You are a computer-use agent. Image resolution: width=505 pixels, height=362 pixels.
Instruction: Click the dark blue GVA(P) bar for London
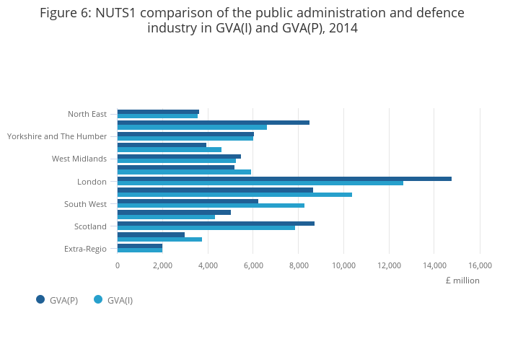tap(284, 179)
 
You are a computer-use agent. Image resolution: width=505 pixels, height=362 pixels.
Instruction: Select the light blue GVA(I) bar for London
tap(260, 183)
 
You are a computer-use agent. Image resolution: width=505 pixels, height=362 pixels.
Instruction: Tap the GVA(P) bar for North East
tap(158, 112)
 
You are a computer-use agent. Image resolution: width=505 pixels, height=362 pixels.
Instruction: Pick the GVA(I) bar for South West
tap(211, 206)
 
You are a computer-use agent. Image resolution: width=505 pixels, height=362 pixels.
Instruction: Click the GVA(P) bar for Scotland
tap(216, 224)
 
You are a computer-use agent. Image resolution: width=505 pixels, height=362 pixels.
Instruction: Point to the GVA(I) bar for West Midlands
tap(176, 161)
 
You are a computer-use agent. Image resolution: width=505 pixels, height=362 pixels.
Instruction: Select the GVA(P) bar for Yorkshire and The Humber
tap(185, 134)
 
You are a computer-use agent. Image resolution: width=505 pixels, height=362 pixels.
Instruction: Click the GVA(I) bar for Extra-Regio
tap(140, 250)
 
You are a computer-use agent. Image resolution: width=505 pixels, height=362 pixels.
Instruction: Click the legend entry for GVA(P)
tap(58, 300)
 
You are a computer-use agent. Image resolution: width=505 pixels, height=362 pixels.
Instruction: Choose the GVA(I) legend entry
tap(114, 300)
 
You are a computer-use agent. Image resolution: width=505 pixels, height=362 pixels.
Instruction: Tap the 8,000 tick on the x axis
tap(299, 265)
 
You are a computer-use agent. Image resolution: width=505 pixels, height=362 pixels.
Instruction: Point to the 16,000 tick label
tap(480, 265)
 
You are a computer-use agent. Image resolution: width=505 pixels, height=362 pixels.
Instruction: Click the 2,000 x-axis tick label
tap(162, 265)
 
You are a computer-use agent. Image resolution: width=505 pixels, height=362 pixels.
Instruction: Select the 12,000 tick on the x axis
tap(389, 265)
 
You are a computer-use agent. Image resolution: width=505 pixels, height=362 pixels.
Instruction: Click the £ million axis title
tap(462, 281)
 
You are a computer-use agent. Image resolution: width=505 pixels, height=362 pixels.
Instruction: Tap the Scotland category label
tap(90, 226)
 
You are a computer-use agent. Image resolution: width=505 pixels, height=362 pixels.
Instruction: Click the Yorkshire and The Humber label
tap(57, 136)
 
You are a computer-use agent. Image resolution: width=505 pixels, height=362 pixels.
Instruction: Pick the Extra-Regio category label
tap(85, 249)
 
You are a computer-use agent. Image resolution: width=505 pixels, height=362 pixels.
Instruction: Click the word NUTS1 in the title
tap(118, 13)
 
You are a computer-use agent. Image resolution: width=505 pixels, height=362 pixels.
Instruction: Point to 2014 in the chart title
tap(343, 28)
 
